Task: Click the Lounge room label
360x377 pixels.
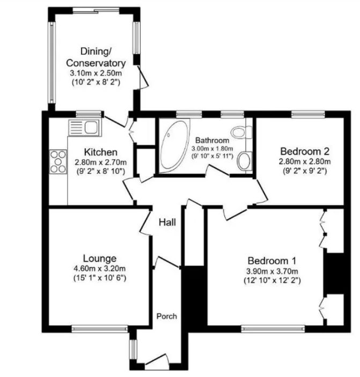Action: [100, 258]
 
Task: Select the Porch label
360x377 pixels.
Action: [166, 316]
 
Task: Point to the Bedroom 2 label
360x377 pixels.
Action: [304, 151]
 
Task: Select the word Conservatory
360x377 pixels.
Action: [96, 63]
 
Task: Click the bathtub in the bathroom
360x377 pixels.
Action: [174, 144]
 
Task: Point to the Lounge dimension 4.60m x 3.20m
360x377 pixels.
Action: [100, 268]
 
